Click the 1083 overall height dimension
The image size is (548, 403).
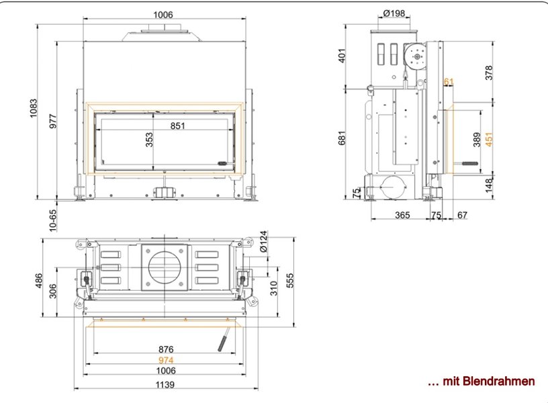pos(33,108)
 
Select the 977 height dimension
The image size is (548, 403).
pos(52,121)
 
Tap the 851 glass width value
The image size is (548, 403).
pos(177,126)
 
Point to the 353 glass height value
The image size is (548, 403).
pos(149,140)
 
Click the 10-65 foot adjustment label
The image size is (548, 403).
pos(52,220)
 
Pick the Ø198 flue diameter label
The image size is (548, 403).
pos(394,13)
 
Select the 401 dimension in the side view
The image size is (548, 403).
pos(342,56)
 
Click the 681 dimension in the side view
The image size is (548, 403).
pos(342,138)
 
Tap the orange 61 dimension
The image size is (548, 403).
pos(449,82)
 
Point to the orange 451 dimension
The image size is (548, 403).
pos(489,139)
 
